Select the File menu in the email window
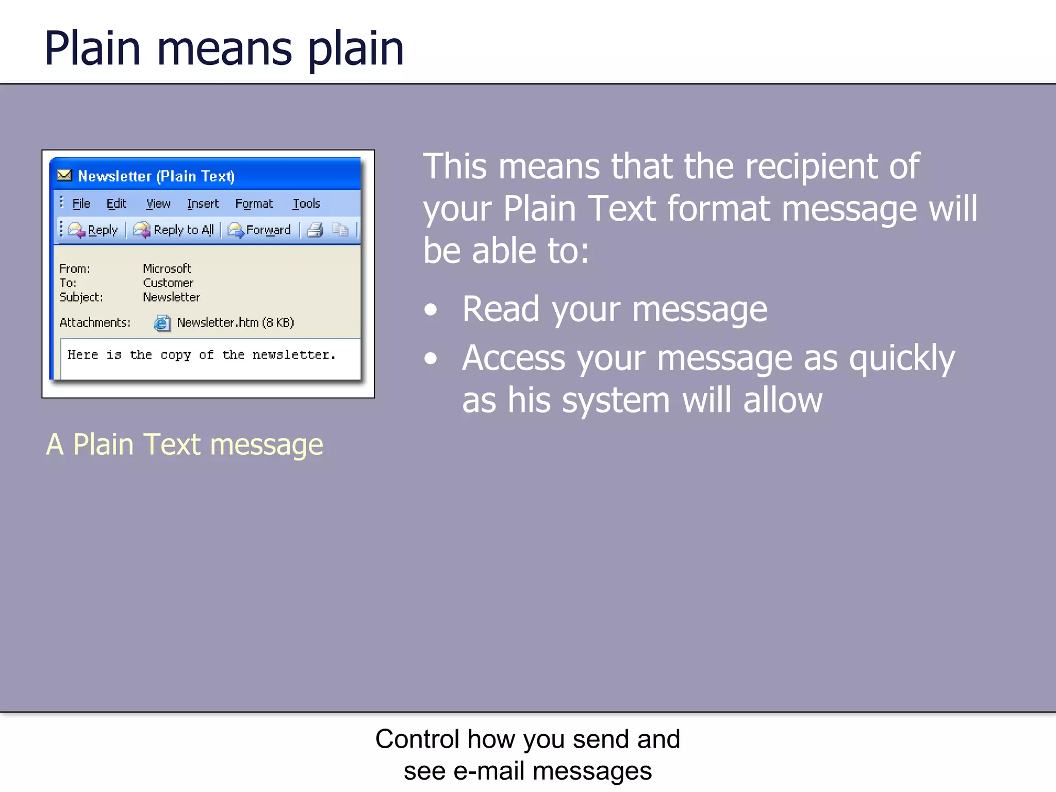click(x=81, y=204)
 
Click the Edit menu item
click(x=116, y=204)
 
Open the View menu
click(x=158, y=204)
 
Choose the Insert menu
click(x=203, y=204)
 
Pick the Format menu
click(x=254, y=204)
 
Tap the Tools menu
click(x=306, y=204)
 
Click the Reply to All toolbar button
click(x=174, y=229)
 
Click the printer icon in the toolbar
click(x=315, y=229)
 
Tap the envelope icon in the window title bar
click(x=64, y=175)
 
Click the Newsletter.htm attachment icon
click(x=162, y=323)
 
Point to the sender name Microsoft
click(x=167, y=268)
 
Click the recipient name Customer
click(x=168, y=283)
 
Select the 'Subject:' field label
click(x=81, y=297)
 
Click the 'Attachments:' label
click(x=95, y=322)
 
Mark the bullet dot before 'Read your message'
click(x=430, y=309)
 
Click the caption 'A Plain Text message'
click(x=185, y=444)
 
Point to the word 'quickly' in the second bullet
click(x=902, y=358)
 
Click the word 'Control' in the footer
click(x=418, y=738)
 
